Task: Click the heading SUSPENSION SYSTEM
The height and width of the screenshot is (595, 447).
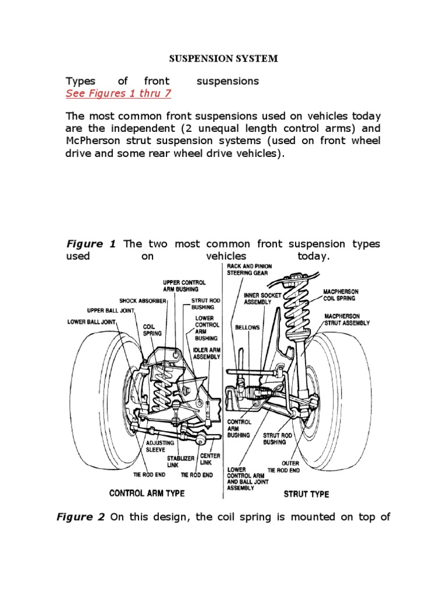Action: tap(223, 59)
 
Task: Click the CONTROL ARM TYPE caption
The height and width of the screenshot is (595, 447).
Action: tap(147, 493)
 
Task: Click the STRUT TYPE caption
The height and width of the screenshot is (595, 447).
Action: tap(306, 494)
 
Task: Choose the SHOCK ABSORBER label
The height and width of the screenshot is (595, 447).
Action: tap(143, 300)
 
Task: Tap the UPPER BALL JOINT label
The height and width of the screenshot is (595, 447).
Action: tap(111, 310)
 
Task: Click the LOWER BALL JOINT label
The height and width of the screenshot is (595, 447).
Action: tap(92, 321)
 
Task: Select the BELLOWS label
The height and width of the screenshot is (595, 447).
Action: tap(247, 327)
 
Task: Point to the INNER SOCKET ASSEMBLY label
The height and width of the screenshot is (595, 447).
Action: tap(262, 299)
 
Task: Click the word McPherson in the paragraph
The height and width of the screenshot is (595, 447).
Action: tap(98, 142)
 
